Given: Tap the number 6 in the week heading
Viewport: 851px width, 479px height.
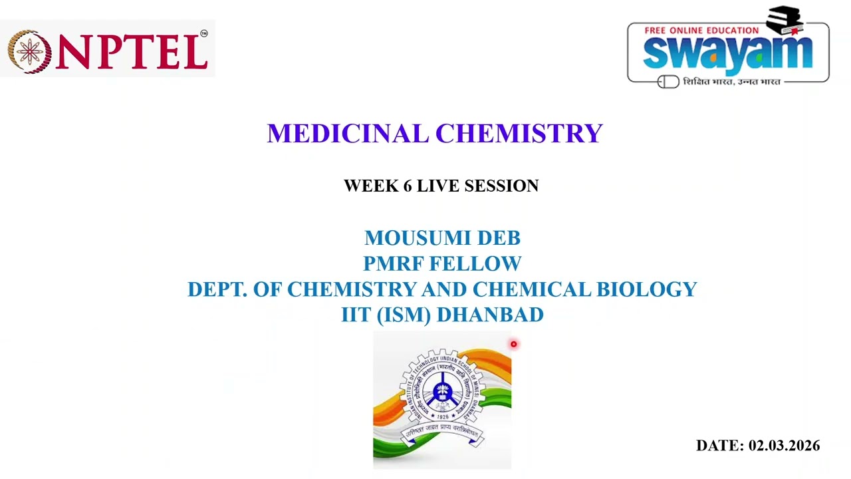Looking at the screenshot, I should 407,186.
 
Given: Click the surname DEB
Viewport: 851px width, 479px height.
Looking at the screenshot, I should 499,238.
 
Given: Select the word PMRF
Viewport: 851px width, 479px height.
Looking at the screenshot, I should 393,263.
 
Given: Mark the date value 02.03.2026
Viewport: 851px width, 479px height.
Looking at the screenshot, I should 784,446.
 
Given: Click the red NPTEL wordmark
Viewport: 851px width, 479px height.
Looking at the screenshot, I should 132,51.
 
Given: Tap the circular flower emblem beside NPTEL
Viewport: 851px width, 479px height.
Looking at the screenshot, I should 28,51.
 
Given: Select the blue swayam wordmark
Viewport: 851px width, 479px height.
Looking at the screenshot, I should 727,54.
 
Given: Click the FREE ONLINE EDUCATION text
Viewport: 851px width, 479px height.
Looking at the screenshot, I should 701,30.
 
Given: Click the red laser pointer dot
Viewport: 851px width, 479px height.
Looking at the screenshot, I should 513,344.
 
